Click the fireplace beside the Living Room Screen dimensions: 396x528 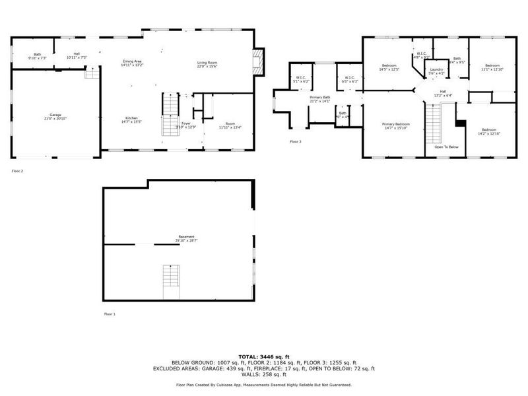(261, 61)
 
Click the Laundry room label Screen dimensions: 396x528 (436, 71)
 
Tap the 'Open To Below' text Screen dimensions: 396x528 (446, 147)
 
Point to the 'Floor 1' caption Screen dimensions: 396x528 (110, 314)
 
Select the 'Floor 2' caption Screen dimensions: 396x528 (17, 171)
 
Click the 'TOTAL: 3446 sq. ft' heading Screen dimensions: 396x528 (263, 356)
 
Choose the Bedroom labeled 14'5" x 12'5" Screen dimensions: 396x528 (389, 67)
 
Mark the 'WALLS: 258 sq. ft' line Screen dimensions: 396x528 (263, 374)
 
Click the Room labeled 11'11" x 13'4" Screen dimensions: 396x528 (229, 125)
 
